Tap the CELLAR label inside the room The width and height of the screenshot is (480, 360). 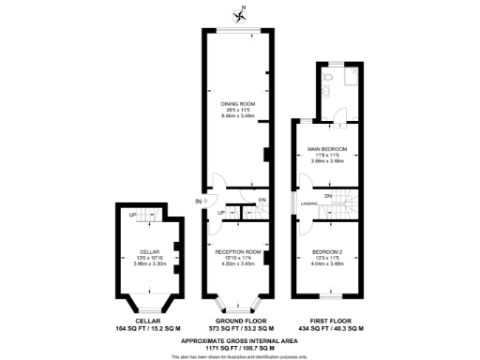(150, 252)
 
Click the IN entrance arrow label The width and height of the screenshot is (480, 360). (199, 202)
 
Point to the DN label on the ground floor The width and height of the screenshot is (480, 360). (262, 200)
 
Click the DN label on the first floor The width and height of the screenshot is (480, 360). (328, 194)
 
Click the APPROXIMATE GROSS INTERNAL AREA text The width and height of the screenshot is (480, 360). (238, 339)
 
